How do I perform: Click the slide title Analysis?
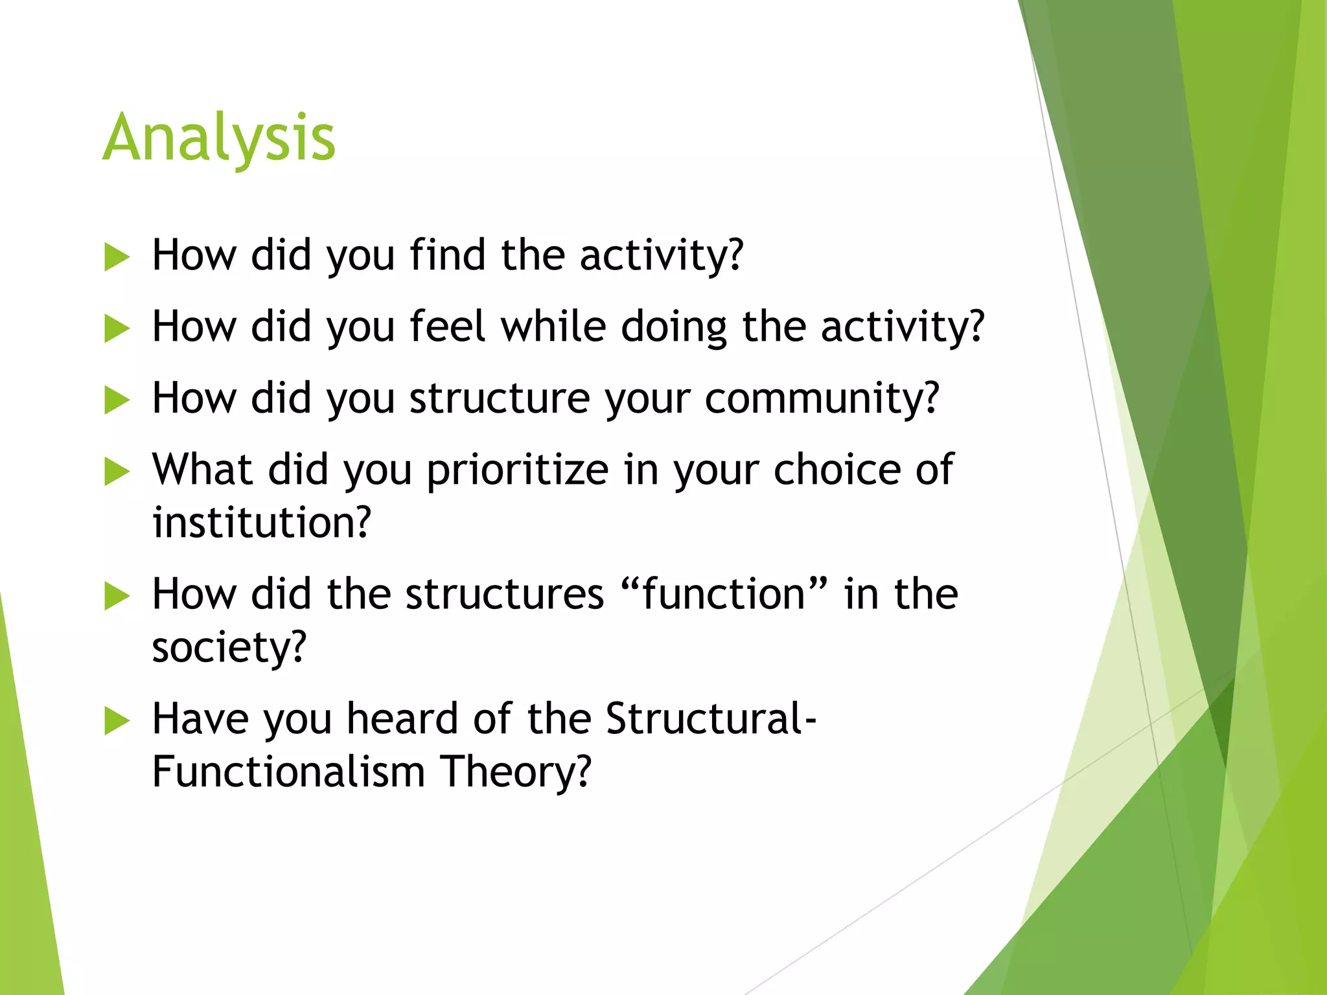[x=219, y=138]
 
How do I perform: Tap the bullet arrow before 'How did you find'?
[x=117, y=257]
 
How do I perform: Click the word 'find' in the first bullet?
[x=448, y=255]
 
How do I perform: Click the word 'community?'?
[x=822, y=398]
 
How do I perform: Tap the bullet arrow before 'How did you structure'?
[x=117, y=400]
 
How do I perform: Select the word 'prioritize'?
[x=517, y=470]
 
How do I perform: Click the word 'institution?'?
[x=262, y=522]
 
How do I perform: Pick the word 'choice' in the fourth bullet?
[x=837, y=469]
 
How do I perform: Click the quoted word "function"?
[x=724, y=593]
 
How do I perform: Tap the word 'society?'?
[x=229, y=647]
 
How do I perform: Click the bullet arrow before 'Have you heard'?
[x=117, y=721]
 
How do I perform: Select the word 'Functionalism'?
[x=288, y=772]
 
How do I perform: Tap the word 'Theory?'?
[x=516, y=772]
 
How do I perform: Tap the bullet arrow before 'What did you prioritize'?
[x=117, y=472]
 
